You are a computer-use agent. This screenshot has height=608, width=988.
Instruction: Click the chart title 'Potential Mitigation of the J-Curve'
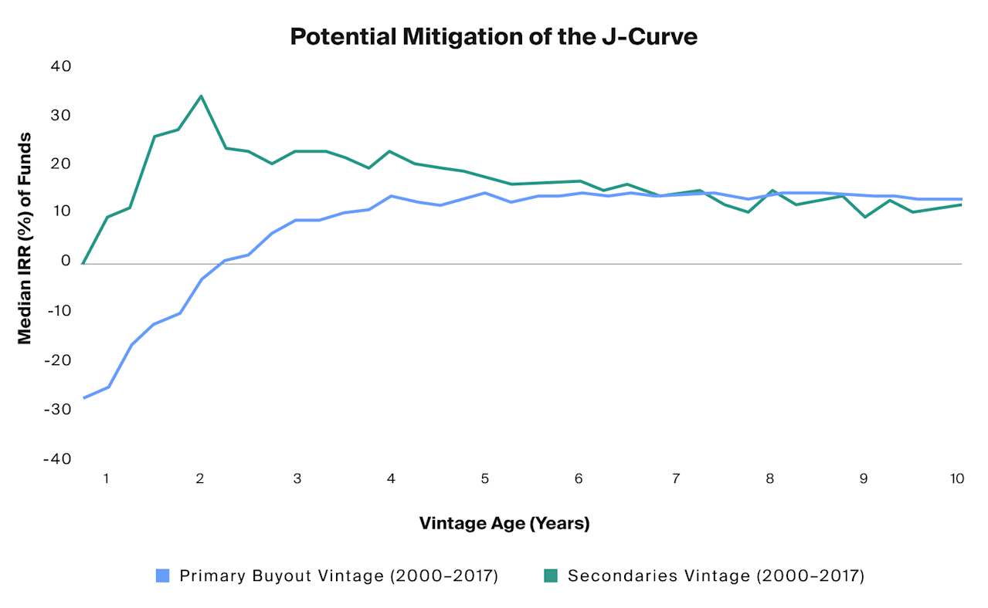coord(494,36)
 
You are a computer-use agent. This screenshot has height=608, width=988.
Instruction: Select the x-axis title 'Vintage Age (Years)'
coord(504,523)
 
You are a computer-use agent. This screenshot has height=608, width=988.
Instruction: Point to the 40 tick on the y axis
coord(60,66)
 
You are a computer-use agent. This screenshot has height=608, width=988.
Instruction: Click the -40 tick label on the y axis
coord(56,458)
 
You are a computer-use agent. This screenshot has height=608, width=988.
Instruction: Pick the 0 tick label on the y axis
coord(65,261)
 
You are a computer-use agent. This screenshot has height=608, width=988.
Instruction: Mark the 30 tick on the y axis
coord(60,116)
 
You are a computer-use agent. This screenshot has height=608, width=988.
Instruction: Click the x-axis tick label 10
coord(956,478)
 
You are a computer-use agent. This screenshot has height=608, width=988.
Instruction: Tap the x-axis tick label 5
coord(484,478)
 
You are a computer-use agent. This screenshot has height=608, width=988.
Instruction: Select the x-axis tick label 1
coord(107,478)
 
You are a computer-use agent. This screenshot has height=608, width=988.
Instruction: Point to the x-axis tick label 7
coord(675,478)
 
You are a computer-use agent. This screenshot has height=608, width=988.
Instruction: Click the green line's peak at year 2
coord(201,96)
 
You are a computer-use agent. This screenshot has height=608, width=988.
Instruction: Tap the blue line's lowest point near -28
coord(83,398)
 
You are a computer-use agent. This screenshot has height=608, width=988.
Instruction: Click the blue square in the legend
coord(162,575)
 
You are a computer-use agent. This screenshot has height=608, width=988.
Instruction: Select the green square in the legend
coord(550,575)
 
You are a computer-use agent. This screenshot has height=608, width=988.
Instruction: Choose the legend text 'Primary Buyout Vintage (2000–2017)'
coord(338,575)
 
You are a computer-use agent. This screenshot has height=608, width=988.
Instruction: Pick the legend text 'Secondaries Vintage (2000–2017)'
coord(715,575)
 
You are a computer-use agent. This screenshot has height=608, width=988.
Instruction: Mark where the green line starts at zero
coord(83,263)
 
